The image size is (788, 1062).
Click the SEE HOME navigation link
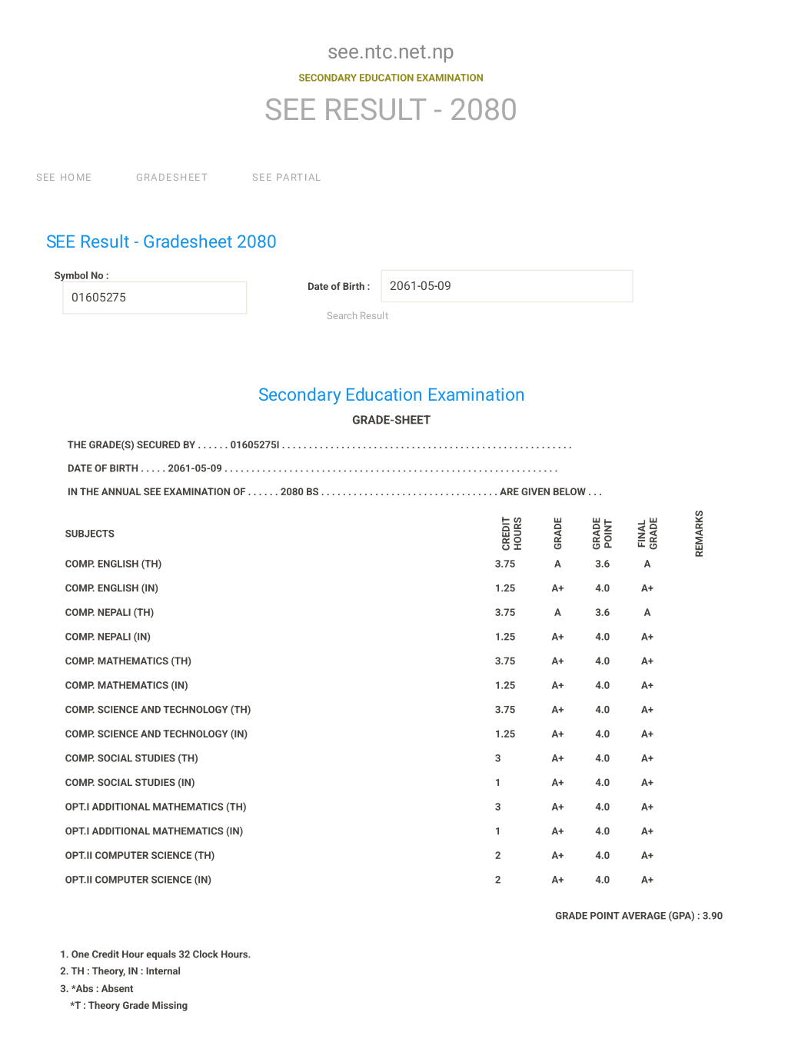pyautogui.click(x=64, y=178)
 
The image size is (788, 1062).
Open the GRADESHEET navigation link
pyautogui.click(x=171, y=178)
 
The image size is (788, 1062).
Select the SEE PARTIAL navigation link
pyautogui.click(x=286, y=178)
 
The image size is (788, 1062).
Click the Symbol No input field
pyautogui.click(x=155, y=298)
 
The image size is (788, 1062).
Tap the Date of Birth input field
pyautogui.click(x=507, y=286)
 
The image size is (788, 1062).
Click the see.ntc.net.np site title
pyautogui.click(x=391, y=52)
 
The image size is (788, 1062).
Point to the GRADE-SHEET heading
pyautogui.click(x=391, y=420)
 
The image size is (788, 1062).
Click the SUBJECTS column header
pyautogui.click(x=90, y=534)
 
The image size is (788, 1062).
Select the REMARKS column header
pyautogui.click(x=699, y=533)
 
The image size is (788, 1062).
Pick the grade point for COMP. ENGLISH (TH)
pyautogui.click(x=602, y=564)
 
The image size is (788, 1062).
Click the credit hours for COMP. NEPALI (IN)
pyautogui.click(x=505, y=637)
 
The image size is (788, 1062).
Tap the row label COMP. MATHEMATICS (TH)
pyautogui.click(x=128, y=661)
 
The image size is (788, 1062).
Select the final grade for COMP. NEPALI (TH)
pyautogui.click(x=647, y=613)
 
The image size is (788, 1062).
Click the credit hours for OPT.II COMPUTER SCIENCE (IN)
pyautogui.click(x=498, y=880)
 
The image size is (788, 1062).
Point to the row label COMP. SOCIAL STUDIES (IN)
pyautogui.click(x=130, y=783)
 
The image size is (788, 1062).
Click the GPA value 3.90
pyautogui.click(x=712, y=916)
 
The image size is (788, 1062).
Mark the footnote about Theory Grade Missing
pyautogui.click(x=129, y=1006)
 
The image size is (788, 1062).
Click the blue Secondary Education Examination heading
pyautogui.click(x=391, y=395)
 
